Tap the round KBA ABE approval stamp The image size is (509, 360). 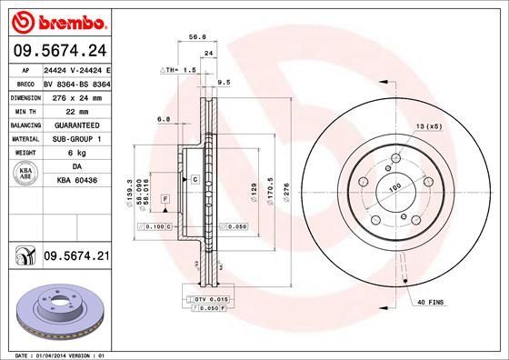pos(24,175)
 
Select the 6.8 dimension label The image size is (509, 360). pos(164,119)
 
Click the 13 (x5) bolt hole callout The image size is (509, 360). pos(428,125)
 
